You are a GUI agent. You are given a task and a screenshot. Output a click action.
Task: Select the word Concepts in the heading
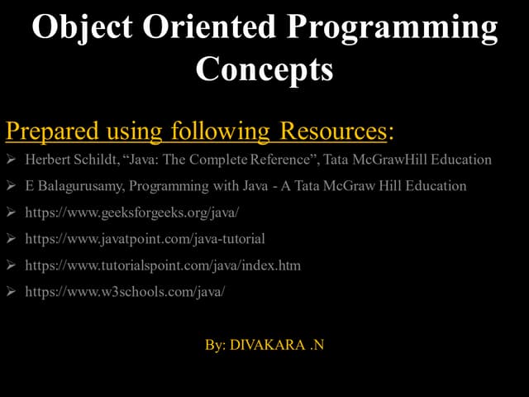pos(264,69)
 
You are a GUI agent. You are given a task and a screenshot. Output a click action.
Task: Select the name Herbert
pos(50,160)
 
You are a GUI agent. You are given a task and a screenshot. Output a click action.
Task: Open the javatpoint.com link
pos(145,239)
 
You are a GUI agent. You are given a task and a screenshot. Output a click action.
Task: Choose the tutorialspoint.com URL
pos(163,265)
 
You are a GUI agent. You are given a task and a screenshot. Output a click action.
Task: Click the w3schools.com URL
pos(125,292)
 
